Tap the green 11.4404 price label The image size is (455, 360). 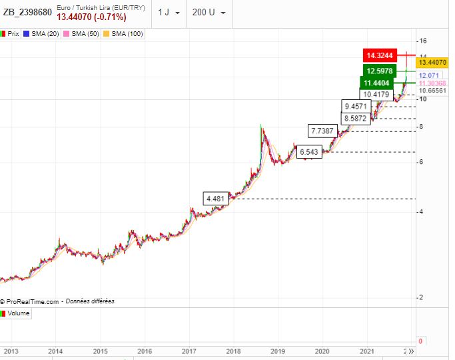click(377, 83)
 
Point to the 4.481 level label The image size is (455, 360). click(217, 199)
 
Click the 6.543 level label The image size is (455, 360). click(310, 152)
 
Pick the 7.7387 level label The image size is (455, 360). click(324, 131)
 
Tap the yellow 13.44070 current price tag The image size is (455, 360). click(433, 61)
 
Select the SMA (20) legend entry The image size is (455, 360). click(42, 33)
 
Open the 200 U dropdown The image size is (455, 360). click(209, 13)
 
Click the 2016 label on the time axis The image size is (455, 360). click(145, 351)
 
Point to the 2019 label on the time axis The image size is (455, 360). click(278, 351)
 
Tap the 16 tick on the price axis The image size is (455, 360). click(422, 41)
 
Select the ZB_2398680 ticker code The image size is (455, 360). click(27, 12)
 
